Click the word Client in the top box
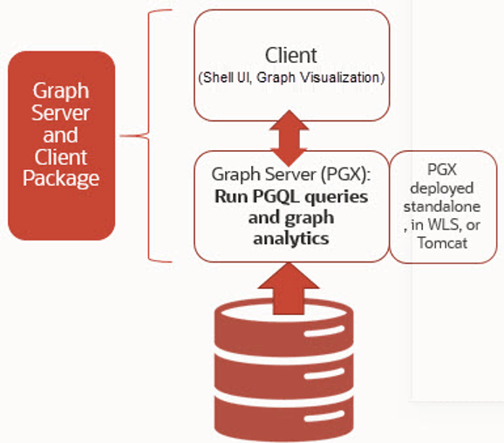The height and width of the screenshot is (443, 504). (x=290, y=55)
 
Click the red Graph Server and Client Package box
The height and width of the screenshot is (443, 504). (x=61, y=146)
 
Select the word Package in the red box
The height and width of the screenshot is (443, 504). (x=61, y=179)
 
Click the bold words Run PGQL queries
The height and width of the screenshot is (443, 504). (x=290, y=194)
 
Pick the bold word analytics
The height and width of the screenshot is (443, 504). (x=290, y=236)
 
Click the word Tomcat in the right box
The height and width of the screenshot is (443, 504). (x=446, y=243)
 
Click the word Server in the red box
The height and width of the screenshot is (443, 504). (x=61, y=112)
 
